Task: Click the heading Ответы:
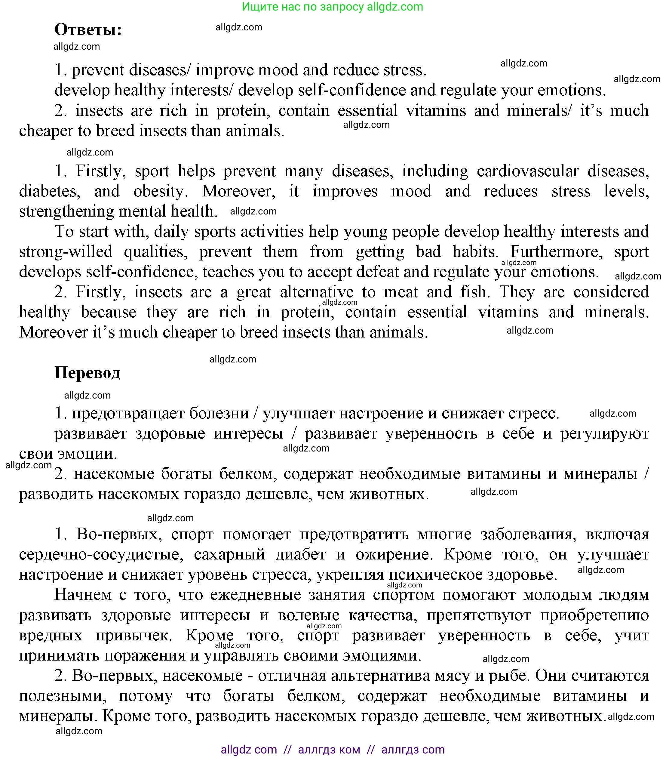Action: pos(88,30)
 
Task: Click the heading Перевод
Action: pos(87,373)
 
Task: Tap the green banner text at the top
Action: pos(333,7)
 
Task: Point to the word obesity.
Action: pos(160,191)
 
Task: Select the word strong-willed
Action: pos(66,252)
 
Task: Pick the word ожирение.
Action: pos(394,554)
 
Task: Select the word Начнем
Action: pos(83,595)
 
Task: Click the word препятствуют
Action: pos(479,615)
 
